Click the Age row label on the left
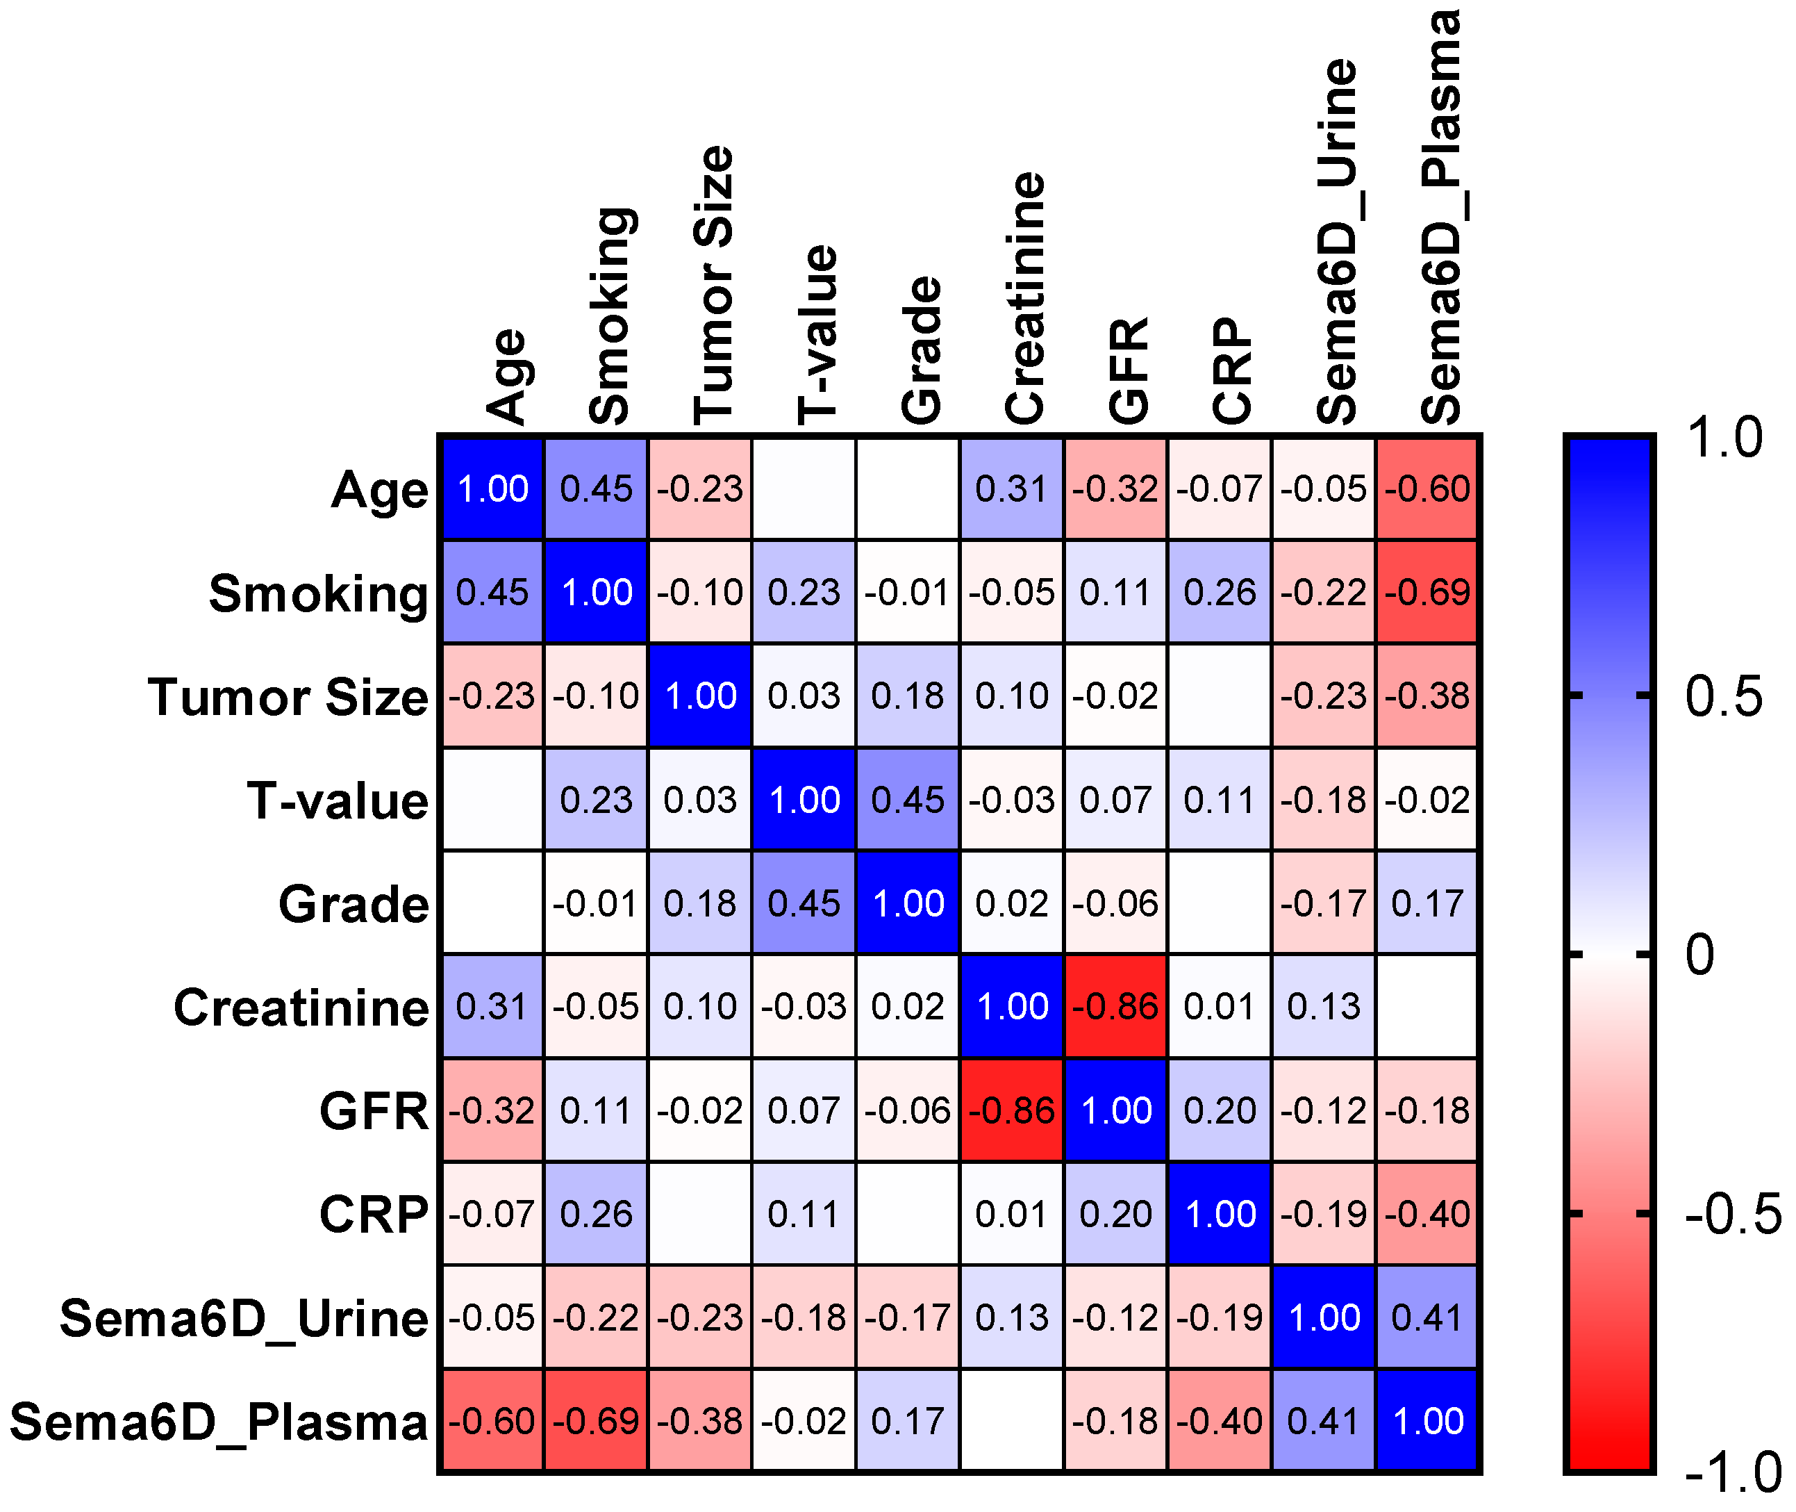click(380, 491)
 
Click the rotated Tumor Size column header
click(713, 286)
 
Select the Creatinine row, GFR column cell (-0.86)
click(1115, 1006)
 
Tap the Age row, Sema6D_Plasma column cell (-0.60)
click(1427, 488)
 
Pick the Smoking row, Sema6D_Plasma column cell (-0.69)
click(1427, 592)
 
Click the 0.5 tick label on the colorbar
click(1723, 696)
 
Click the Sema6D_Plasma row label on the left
click(219, 1422)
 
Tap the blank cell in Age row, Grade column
click(908, 488)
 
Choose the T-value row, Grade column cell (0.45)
click(908, 800)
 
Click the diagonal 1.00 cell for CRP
click(1220, 1214)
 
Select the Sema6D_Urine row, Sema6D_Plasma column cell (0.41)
click(1427, 1317)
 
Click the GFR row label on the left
click(374, 1112)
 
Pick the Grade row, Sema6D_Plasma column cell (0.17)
click(1427, 903)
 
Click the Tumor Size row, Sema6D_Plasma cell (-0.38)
click(1427, 696)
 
